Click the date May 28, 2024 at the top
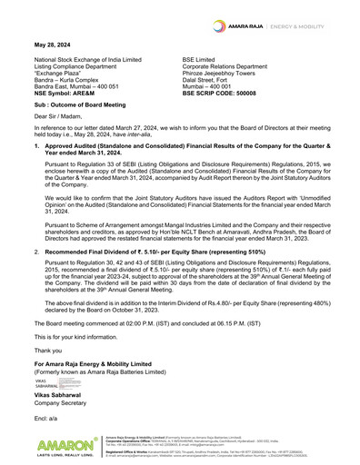click(x=51, y=44)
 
